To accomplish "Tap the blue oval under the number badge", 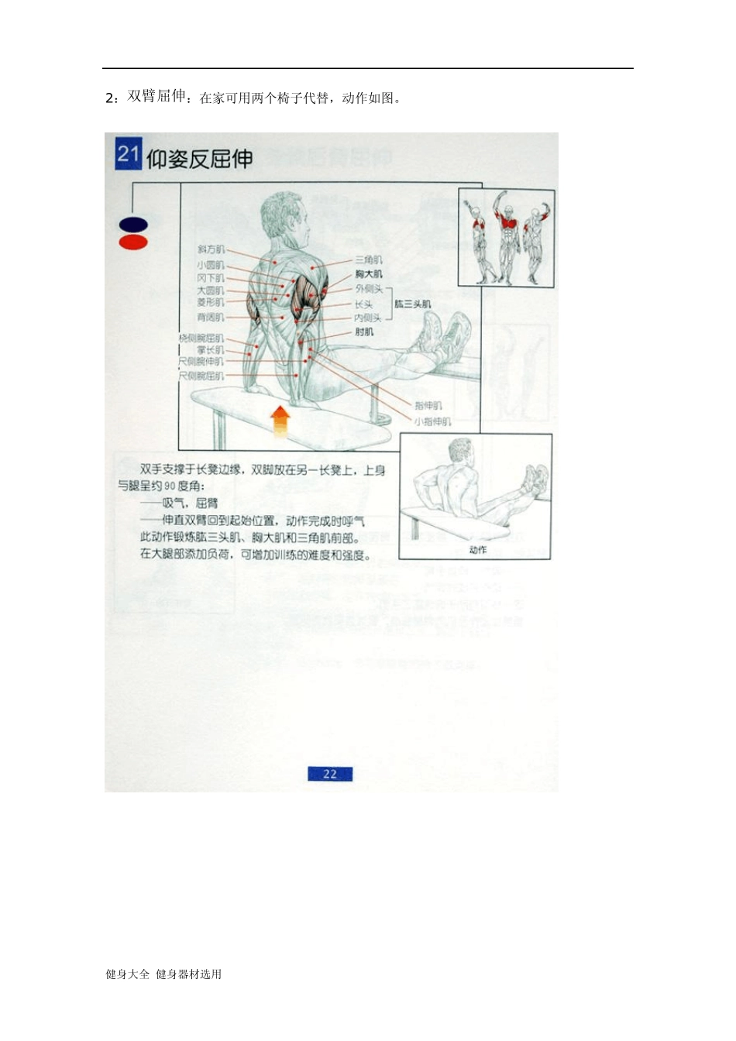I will pos(133,225).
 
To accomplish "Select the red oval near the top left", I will pos(133,242).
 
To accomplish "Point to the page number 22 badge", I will pos(330,774).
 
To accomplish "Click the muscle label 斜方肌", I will pos(211,249).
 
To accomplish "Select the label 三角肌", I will pos(369,260).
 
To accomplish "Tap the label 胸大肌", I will pos(369,274).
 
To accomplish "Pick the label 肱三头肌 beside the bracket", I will pos(413,304).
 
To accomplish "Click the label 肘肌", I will pos(364,332).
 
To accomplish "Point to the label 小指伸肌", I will pos(432,422).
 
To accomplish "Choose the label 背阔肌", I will pos(211,318).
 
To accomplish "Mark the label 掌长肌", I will pos(210,350).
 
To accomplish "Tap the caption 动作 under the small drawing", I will pos(478,550).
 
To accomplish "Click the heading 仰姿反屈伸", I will pos(200,160).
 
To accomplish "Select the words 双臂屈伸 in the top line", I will pos(157,96).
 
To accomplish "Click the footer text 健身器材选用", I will pos(189,974).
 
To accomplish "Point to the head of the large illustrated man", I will pos(284,215).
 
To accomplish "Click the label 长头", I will pos(364,304).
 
